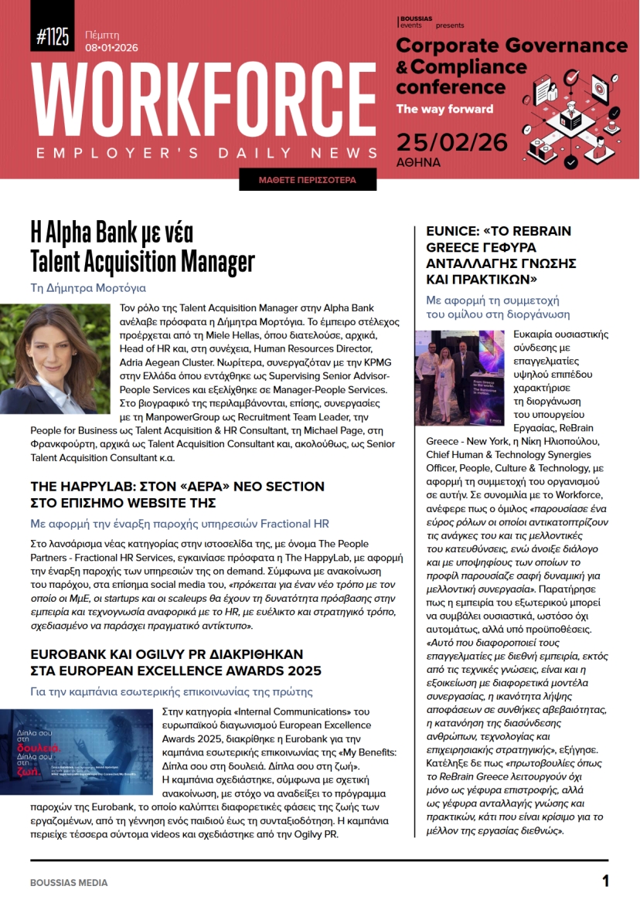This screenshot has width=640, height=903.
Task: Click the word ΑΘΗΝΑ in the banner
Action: click(x=419, y=163)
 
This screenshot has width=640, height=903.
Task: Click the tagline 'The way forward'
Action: click(x=444, y=109)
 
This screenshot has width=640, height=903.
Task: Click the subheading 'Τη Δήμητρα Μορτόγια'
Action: click(x=87, y=288)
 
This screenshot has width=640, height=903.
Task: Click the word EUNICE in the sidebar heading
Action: click(x=453, y=232)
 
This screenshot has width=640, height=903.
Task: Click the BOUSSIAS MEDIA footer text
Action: click(x=69, y=882)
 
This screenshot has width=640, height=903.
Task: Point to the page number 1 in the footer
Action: click(x=605, y=881)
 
